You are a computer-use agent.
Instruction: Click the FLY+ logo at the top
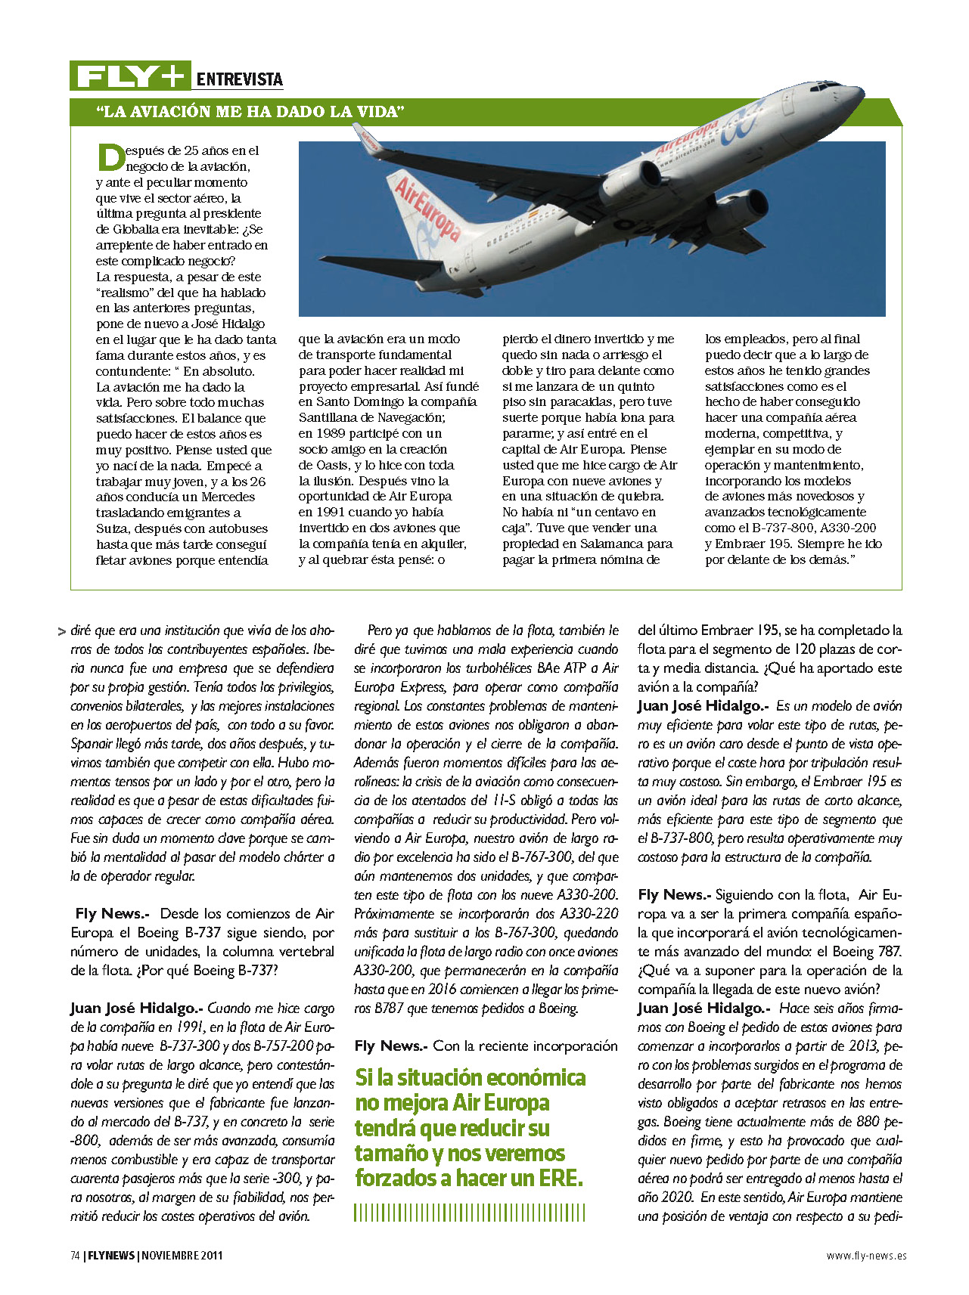(130, 76)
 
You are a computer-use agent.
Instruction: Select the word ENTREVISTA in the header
(239, 79)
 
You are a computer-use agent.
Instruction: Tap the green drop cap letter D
(110, 157)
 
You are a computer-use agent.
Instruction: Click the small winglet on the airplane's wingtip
(367, 138)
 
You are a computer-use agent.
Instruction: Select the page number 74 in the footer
(75, 1255)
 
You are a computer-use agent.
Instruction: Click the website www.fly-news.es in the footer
(866, 1255)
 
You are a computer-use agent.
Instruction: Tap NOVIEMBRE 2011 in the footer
(182, 1255)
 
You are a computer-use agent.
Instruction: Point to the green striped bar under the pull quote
(469, 1213)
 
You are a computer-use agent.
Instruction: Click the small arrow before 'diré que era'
(61, 631)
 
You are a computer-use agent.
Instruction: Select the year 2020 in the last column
(677, 1197)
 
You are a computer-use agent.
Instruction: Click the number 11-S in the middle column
(506, 800)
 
